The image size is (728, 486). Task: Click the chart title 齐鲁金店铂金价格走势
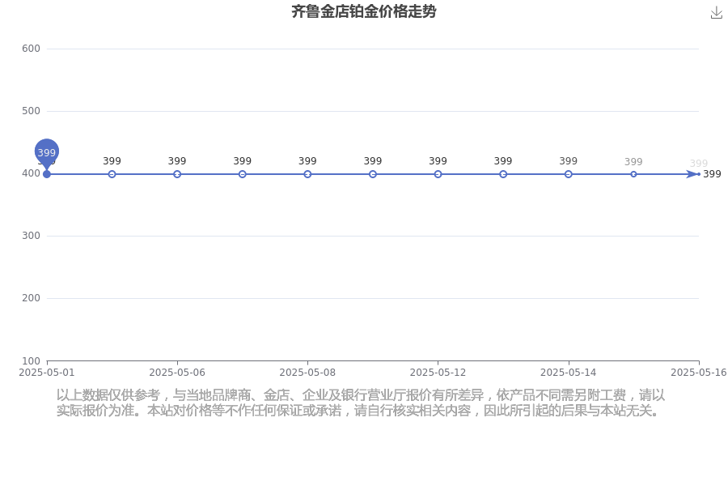pos(363,11)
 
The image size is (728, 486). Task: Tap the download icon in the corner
pos(717,13)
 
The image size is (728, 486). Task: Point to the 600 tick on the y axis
pos(31,49)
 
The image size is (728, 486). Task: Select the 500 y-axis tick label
pos(31,111)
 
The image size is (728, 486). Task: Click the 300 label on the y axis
pos(31,236)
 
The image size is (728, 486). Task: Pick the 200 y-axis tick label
pos(31,297)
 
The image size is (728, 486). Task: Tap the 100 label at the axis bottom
pos(31,361)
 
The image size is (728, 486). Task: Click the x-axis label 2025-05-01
pos(46,373)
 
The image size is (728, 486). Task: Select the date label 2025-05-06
pos(177,373)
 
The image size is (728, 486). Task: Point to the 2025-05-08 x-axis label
pos(307,373)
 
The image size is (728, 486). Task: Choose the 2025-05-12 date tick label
pos(438,373)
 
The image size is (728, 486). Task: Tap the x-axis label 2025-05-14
pos(569,373)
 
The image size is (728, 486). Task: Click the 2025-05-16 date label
pos(699,373)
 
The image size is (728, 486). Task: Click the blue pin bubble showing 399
pos(46,152)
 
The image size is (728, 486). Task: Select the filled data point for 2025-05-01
pos(46,174)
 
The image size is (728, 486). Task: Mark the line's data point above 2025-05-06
pos(177,174)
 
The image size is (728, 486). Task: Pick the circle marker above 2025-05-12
pos(438,174)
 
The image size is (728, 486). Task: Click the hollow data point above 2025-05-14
pos(569,174)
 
